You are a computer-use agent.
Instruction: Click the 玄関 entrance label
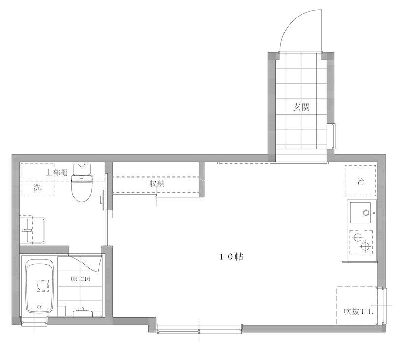301,107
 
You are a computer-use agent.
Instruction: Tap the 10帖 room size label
231,257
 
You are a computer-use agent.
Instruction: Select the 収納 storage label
157,184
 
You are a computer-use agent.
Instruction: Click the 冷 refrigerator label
361,181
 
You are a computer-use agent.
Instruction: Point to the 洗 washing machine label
37,187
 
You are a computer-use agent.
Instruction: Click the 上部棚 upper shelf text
57,172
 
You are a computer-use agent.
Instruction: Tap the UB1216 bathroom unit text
80,279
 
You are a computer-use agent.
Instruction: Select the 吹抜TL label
359,312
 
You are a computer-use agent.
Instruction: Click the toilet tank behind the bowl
82,169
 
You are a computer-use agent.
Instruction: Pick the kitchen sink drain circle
366,213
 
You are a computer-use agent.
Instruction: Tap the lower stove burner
365,246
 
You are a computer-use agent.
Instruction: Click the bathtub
40,286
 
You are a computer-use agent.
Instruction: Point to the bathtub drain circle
39,307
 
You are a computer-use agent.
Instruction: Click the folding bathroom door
85,264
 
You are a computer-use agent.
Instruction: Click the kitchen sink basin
361,213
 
